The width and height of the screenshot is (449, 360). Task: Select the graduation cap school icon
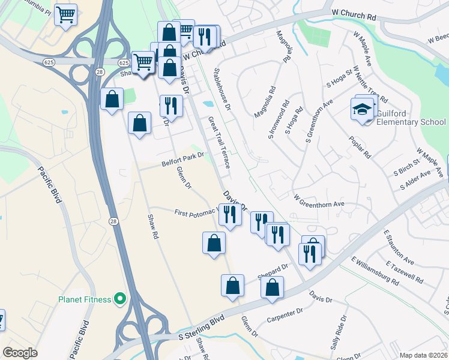(363, 110)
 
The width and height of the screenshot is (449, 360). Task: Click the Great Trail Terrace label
(218, 142)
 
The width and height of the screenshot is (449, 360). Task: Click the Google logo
(20, 353)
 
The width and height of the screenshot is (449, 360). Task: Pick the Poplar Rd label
(360, 146)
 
